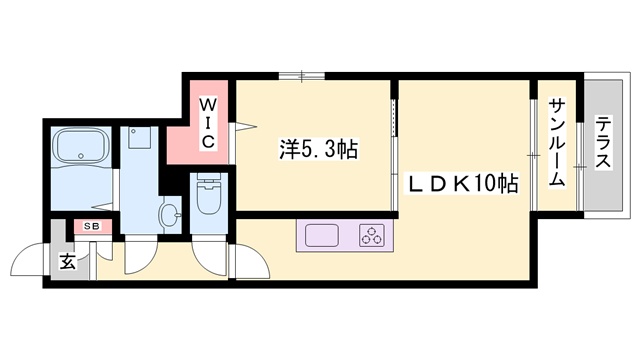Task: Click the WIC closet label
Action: coord(206,123)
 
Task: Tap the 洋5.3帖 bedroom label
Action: coord(318,151)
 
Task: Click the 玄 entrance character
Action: coord(66,262)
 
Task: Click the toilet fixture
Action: coord(208,196)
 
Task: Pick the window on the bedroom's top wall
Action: coord(300,75)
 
